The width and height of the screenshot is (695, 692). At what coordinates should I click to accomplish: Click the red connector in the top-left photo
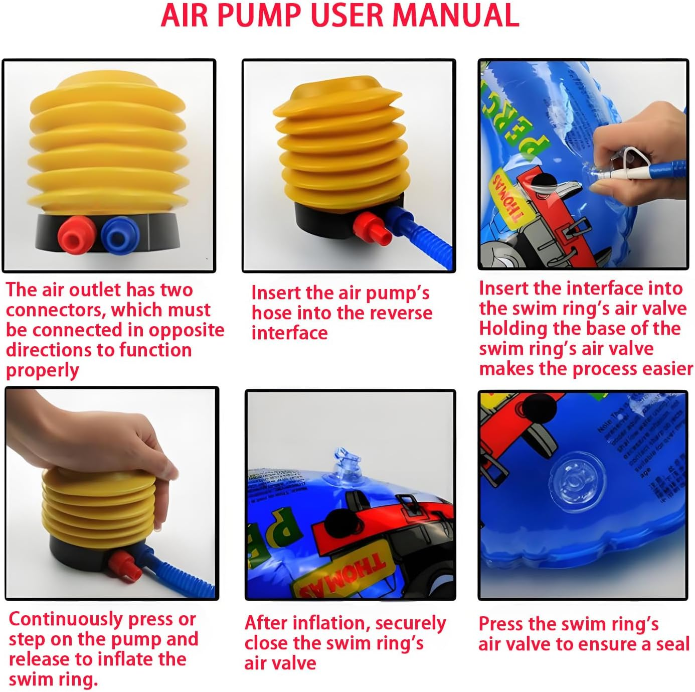tap(75, 235)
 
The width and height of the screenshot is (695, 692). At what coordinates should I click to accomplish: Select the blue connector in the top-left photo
tap(120, 235)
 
